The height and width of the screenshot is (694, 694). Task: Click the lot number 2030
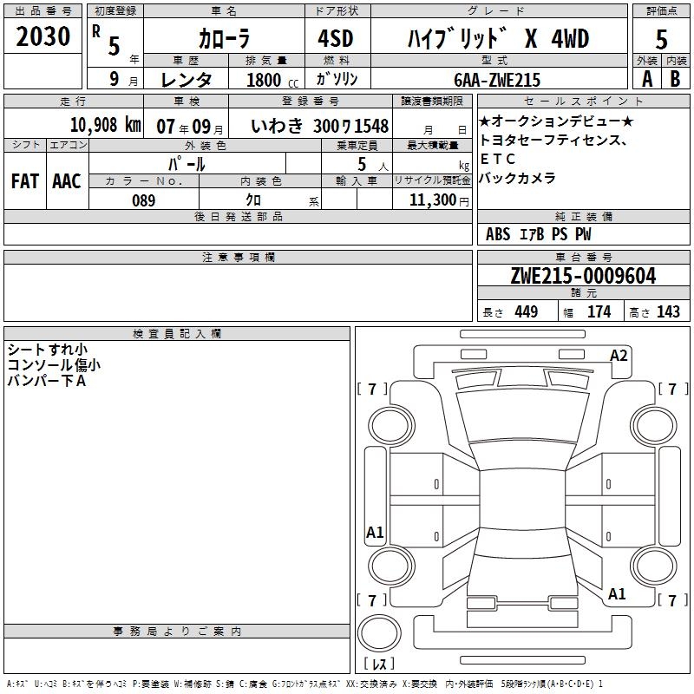pos(43,36)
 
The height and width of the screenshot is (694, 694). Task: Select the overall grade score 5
pos(661,40)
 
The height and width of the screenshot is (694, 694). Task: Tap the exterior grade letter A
pos(647,79)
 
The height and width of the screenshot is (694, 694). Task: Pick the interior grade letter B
pos(675,79)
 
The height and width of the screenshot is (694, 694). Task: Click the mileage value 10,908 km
pos(106,125)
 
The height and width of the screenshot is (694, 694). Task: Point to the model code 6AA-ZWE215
pos(497,80)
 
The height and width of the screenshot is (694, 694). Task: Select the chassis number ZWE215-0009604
pos(583,276)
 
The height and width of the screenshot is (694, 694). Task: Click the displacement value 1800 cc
pos(272,80)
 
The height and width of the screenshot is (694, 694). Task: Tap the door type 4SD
pos(336,38)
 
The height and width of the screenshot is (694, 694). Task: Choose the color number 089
pos(144,200)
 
